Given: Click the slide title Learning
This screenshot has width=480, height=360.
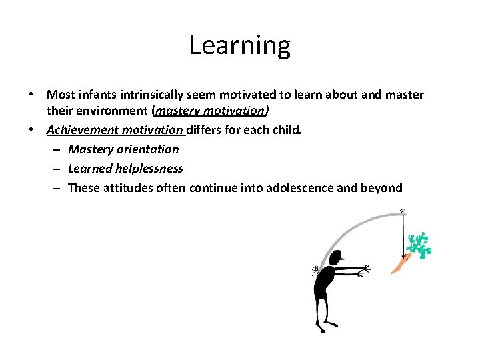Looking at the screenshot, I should click(240, 45).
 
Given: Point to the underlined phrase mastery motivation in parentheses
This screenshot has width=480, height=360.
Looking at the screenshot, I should click(212, 111).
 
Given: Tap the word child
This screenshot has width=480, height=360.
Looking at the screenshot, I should click(287, 130).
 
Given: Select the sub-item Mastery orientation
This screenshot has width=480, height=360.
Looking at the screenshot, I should click(123, 149).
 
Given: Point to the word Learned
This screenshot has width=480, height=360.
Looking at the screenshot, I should click(89, 169).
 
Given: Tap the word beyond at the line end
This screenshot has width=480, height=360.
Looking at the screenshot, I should click(382, 188).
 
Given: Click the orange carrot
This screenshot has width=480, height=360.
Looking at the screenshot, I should click(399, 265).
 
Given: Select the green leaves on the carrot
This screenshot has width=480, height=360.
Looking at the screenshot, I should click(419, 245).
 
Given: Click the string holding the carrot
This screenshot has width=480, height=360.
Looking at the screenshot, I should click(403, 233).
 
